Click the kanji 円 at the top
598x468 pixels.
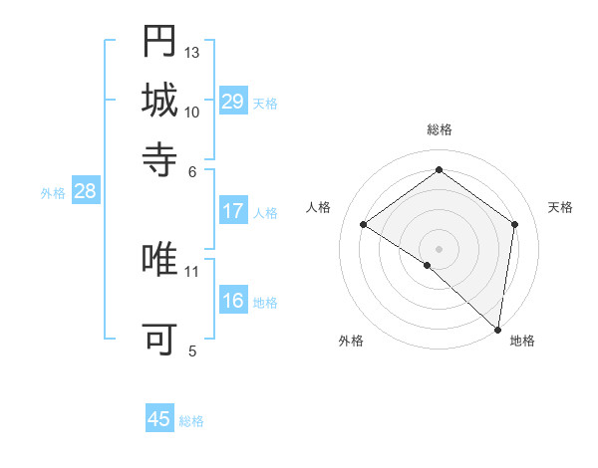(159, 41)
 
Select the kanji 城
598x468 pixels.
(159, 100)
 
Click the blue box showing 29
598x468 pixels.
(232, 102)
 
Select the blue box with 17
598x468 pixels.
(232, 211)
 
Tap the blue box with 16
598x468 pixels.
(232, 302)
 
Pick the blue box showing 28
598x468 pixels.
(85, 192)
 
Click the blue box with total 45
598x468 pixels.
(159, 419)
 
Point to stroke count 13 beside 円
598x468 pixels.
(192, 52)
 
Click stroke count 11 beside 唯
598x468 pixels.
(192, 270)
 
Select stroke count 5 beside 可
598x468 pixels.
(192, 351)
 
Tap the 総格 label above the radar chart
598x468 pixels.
(439, 130)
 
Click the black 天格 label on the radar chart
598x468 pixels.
(560, 207)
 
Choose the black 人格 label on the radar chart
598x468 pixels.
(318, 207)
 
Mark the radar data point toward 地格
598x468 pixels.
(497, 329)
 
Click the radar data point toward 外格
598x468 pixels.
(428, 265)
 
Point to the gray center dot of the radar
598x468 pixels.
(439, 248)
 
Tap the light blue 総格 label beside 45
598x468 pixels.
(191, 421)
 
